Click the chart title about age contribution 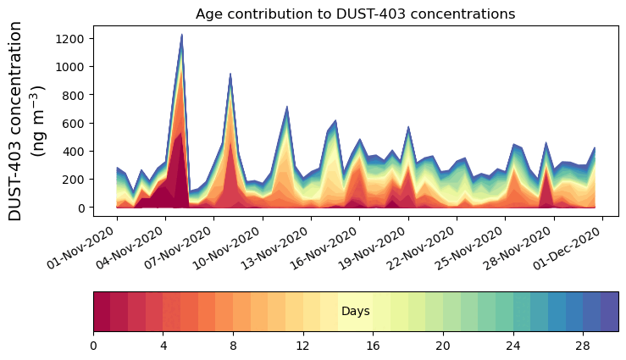click(355, 14)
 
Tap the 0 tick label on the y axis click(81, 208)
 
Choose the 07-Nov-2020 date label click(182, 248)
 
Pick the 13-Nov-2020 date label click(280, 248)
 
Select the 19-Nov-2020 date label click(377, 248)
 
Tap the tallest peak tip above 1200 click(181, 35)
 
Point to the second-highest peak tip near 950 click(230, 74)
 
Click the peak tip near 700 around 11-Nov click(287, 107)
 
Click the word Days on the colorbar click(355, 312)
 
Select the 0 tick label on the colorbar click(93, 346)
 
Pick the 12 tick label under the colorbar click(302, 346)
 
